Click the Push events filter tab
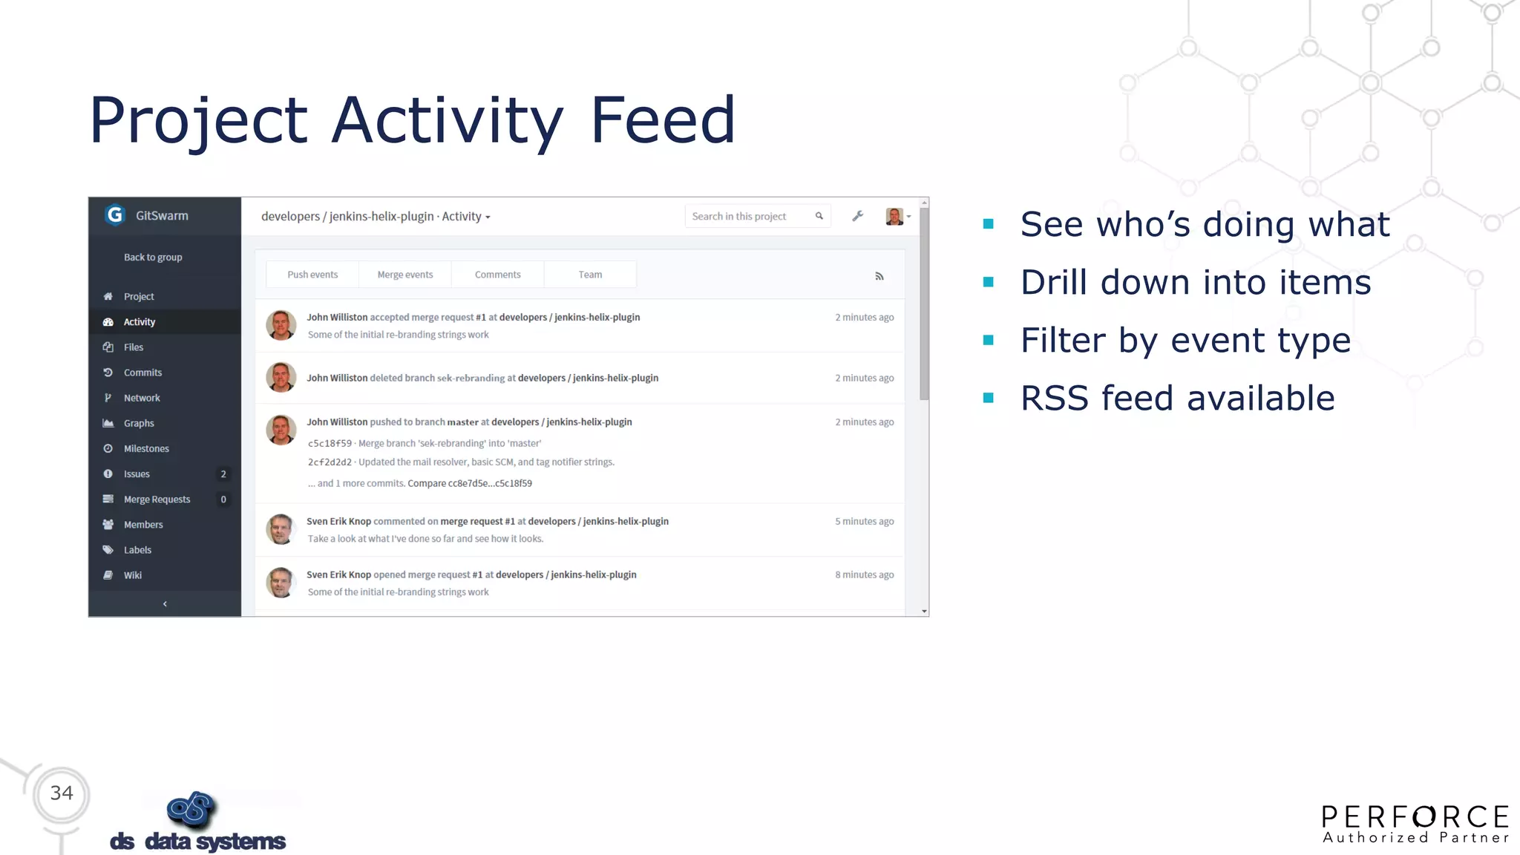point(312,275)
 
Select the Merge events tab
point(405,275)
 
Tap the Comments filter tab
point(497,275)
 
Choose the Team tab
point(590,275)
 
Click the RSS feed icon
point(879,276)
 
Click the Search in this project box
point(750,216)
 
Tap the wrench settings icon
point(857,216)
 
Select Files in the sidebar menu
point(134,347)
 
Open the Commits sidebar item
point(142,373)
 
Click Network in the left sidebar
point(142,398)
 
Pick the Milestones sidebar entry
point(146,448)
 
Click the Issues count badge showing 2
point(223,474)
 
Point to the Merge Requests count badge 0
point(223,499)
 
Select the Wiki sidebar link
point(133,575)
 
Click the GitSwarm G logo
point(115,215)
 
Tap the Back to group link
point(153,258)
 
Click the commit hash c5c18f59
point(330,444)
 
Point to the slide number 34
point(62,793)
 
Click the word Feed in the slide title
point(662,120)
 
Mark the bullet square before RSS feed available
point(988,398)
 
